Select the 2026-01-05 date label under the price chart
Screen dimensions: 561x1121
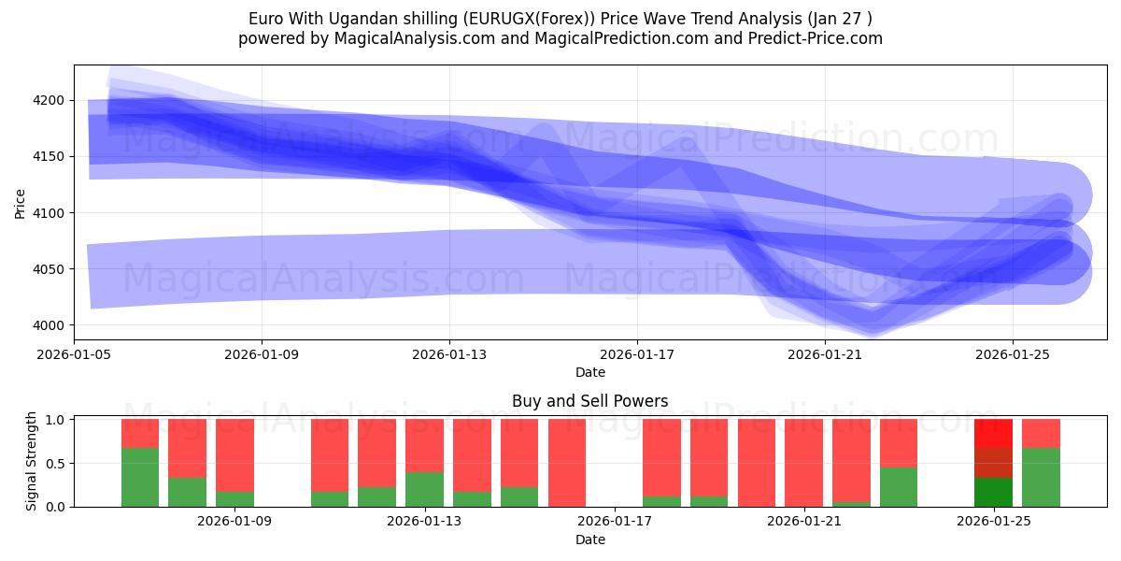(x=74, y=354)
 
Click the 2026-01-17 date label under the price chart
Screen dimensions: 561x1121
(x=637, y=354)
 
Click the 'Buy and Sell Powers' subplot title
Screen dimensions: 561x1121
(x=589, y=401)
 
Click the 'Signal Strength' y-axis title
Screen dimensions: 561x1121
(x=33, y=462)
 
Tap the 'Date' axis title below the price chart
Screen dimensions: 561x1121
(x=589, y=372)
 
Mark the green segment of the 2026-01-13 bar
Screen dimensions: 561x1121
(x=424, y=489)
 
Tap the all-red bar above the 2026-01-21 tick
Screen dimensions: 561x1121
(x=803, y=463)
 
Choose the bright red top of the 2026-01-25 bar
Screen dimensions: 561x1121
(x=993, y=433)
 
